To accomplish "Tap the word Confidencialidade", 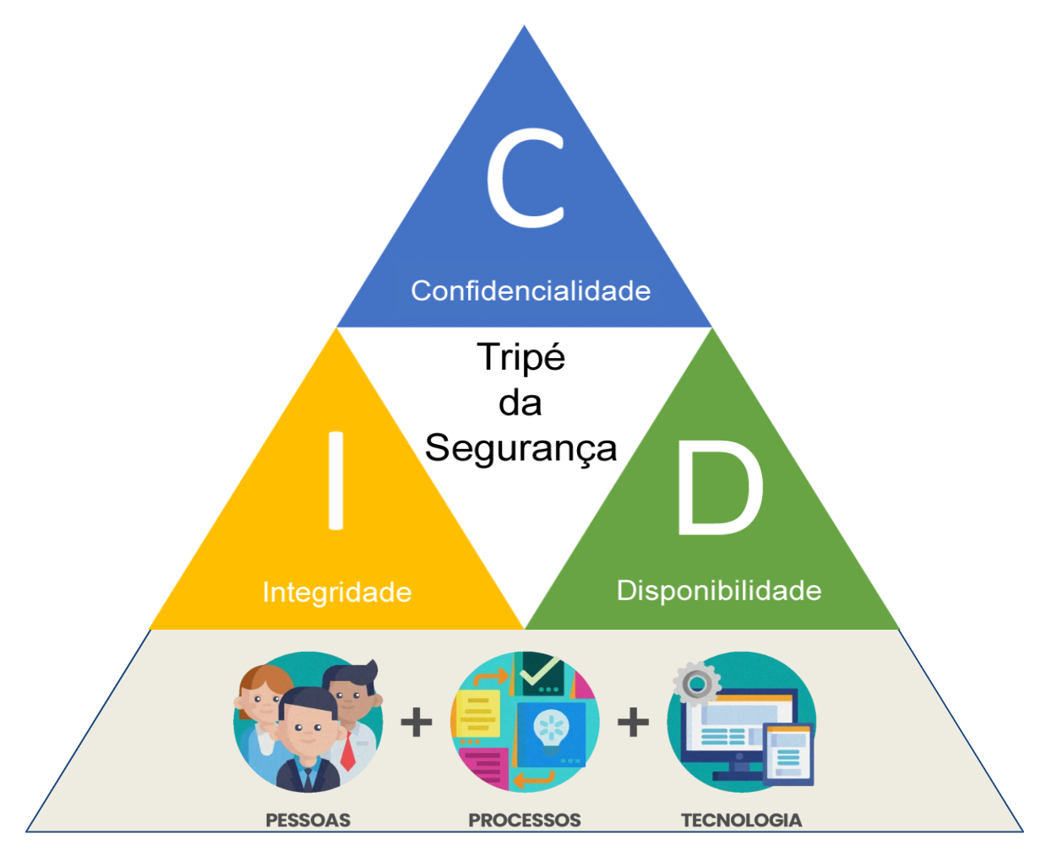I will coord(531,291).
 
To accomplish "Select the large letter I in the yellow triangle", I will coord(335,480).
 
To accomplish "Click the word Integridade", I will coord(337,592).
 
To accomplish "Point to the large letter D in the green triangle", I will coord(719,490).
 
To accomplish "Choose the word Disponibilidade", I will coord(719,590).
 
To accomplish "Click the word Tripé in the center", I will coord(520,358).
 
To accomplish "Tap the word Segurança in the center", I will coord(520,448).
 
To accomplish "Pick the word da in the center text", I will coord(520,403).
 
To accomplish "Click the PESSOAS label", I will coord(308,820).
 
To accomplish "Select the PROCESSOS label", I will coord(524,820).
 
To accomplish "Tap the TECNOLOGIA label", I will coord(741,820).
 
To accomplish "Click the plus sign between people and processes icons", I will coord(416,723).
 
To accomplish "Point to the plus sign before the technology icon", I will coord(633,723).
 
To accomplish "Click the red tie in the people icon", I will coord(347,751).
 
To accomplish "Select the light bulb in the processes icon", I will coord(551,730).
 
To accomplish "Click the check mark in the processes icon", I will coord(539,672).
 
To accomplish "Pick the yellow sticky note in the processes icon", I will coord(477,713).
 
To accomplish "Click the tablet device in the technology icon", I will coord(787,753).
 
